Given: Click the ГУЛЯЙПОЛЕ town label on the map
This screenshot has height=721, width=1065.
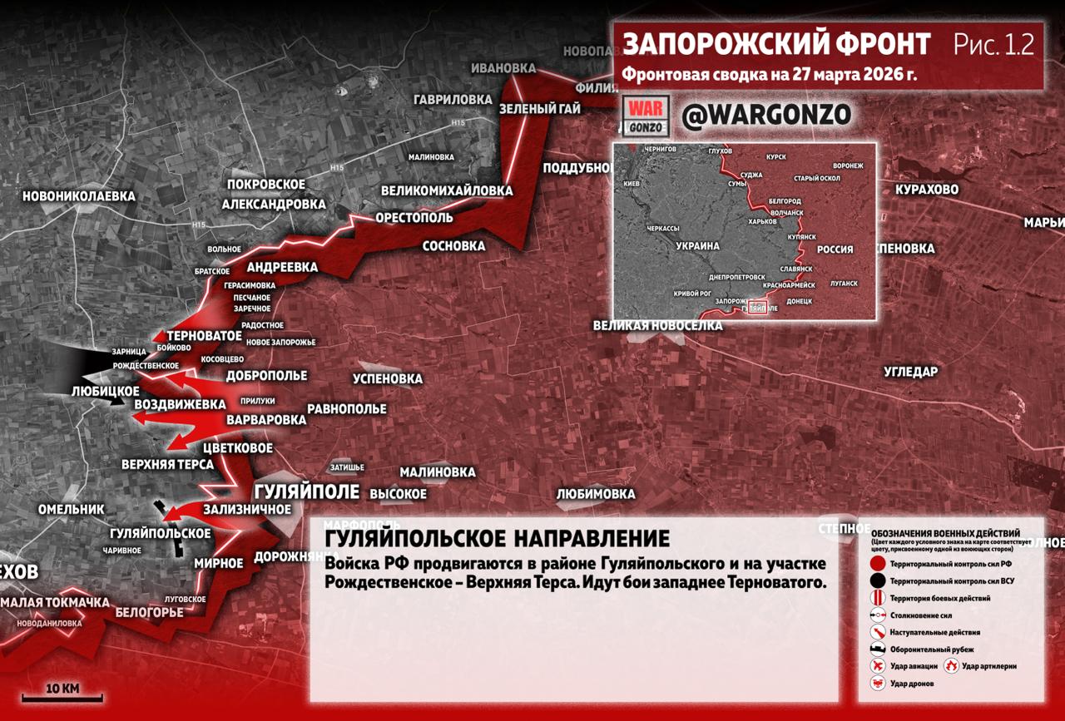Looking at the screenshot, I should (306, 491).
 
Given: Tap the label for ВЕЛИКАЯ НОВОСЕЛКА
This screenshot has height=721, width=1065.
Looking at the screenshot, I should (657, 325).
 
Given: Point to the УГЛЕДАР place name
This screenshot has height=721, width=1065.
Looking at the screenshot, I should (910, 372).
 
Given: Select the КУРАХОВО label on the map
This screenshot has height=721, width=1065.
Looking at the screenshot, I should (926, 190).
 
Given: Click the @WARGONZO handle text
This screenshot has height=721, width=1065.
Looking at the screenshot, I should (766, 116).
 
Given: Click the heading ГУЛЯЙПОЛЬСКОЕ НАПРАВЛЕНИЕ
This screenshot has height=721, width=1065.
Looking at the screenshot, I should (497, 538).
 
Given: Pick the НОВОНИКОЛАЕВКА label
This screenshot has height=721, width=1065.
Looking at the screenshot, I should (78, 196).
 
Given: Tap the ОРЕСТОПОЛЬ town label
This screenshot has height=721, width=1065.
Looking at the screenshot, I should (414, 218).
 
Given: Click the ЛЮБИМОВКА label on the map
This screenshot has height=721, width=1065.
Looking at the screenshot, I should (595, 494).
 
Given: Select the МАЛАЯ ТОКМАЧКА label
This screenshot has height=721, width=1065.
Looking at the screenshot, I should (55, 602).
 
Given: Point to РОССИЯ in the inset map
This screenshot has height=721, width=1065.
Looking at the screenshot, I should (835, 249).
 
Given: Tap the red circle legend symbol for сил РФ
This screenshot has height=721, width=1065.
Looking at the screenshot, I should (877, 564).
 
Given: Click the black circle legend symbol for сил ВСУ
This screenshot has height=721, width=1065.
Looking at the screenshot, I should (877, 581).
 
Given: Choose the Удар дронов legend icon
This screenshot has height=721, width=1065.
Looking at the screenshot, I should (877, 683).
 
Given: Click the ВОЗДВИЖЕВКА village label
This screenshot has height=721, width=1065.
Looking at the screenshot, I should (180, 404).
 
